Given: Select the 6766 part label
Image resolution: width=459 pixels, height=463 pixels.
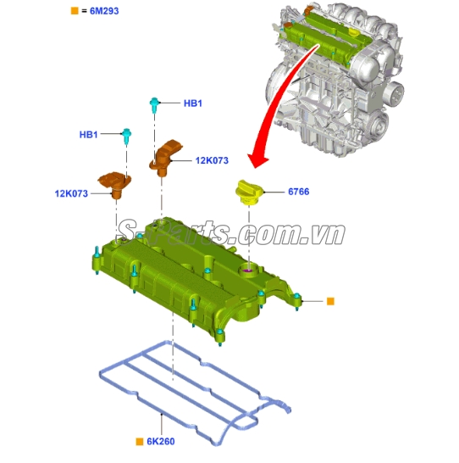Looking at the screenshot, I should click(298, 192).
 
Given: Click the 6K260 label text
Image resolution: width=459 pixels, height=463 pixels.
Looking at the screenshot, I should click(162, 441).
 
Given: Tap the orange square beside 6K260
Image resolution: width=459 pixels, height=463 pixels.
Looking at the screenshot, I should click(140, 441).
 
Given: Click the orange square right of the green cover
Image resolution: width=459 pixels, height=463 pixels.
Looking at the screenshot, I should click(330, 300).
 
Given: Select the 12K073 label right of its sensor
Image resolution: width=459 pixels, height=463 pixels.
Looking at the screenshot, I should click(212, 159).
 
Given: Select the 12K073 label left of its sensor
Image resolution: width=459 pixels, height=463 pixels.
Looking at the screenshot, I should click(72, 194).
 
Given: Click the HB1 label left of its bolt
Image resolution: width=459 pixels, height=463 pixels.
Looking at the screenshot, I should click(89, 135).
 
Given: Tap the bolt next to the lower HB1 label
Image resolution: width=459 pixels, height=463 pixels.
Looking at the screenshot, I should click(125, 134).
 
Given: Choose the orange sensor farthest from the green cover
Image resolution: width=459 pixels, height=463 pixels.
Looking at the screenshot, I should click(169, 155).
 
